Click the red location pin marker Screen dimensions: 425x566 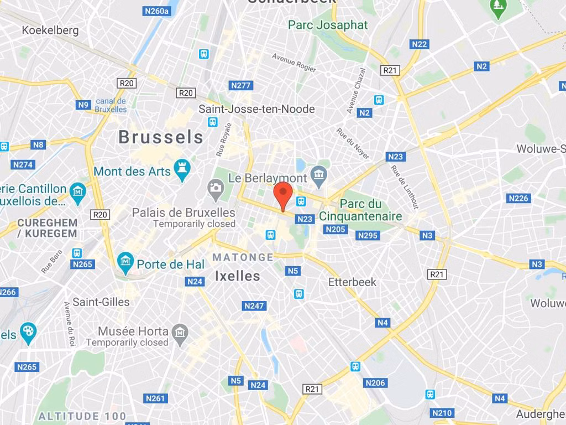[283, 195]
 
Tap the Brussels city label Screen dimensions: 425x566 [161, 137]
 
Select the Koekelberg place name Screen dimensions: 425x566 [50, 30]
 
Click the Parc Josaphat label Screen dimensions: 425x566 [328, 25]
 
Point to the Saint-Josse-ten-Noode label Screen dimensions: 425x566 [256, 109]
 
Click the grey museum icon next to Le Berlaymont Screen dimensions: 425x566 [318, 177]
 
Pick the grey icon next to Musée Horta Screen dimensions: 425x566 [180, 333]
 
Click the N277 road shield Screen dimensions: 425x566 [240, 85]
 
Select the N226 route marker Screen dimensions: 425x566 [518, 198]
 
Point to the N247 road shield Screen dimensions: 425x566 [254, 305]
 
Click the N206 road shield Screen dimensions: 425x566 [375, 382]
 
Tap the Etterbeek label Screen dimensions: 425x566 [352, 282]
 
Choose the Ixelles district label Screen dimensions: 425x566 [237, 276]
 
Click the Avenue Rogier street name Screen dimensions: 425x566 [294, 63]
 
